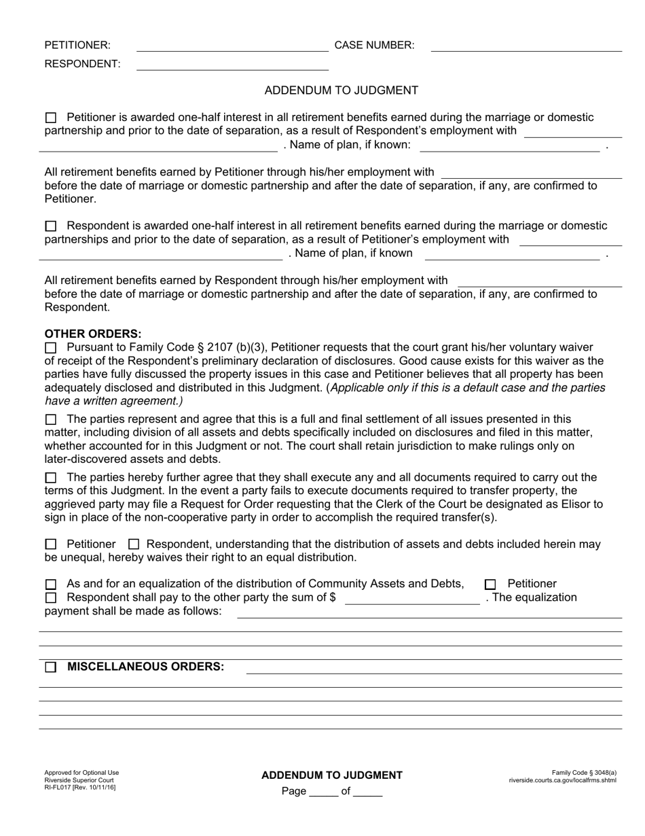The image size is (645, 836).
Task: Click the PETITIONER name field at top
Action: coord(232,46)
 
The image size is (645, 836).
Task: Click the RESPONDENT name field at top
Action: coord(232,65)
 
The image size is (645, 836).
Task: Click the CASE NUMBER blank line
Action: coord(526,46)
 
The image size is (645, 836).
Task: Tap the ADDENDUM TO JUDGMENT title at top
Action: coord(341,90)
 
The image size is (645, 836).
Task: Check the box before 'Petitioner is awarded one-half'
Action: coord(51,118)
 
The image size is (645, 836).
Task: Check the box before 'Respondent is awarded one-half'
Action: coord(51,226)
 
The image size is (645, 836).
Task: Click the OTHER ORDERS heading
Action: coord(93,334)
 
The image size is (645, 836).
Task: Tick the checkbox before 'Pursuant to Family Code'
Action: coord(51,348)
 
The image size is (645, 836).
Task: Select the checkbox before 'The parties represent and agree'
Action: coord(51,420)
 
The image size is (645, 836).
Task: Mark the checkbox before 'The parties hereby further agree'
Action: coord(51,478)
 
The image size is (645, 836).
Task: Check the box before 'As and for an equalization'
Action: coord(51,585)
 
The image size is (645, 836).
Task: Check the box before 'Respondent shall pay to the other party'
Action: coord(51,598)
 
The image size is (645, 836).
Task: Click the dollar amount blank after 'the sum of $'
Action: coord(412,598)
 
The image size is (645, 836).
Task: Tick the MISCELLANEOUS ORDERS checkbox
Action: coord(51,667)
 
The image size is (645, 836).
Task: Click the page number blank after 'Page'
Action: coord(323,792)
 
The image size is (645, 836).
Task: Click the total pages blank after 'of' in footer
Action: coord(368,792)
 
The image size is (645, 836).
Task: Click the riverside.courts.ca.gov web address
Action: coord(563,780)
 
